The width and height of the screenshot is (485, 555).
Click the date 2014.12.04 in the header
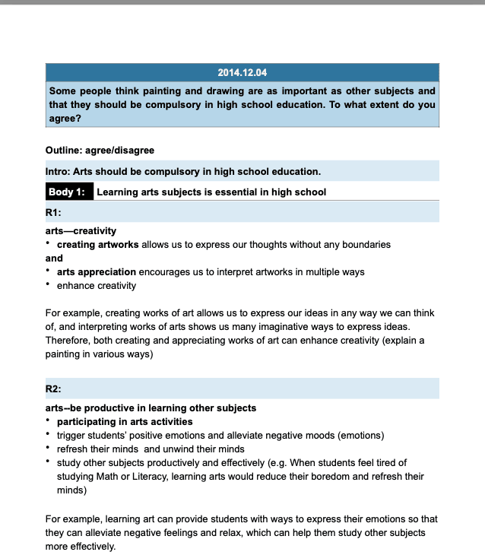[242, 73]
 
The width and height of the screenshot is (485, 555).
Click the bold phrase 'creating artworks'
[98, 245]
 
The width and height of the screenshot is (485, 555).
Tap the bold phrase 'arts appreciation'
[97, 271]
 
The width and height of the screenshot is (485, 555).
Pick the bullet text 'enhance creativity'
[97, 285]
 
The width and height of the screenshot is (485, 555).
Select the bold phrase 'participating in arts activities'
[125, 421]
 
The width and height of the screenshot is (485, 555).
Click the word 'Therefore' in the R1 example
[67, 340]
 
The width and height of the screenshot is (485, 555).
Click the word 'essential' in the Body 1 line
[214, 192]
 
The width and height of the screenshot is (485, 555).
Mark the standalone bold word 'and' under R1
[54, 258]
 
